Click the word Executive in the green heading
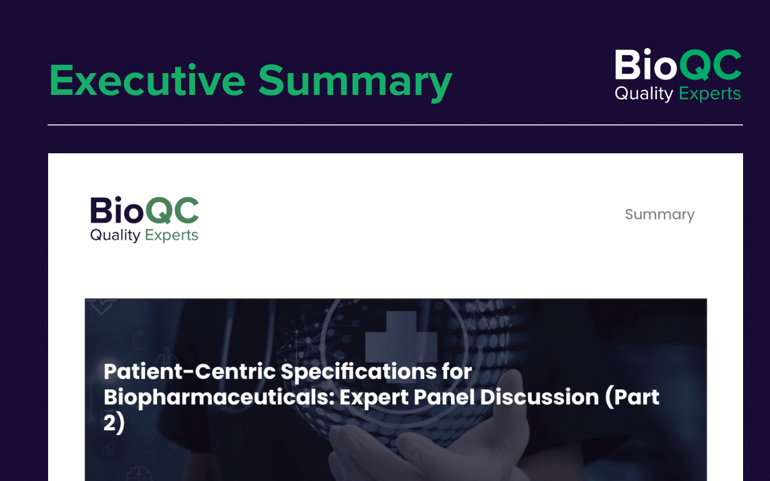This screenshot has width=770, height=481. [x=147, y=80]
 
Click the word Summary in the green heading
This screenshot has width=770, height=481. [x=355, y=83]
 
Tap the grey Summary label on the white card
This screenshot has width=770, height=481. [x=660, y=215]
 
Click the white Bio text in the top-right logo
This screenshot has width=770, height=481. [x=646, y=64]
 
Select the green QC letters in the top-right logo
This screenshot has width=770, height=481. [x=710, y=65]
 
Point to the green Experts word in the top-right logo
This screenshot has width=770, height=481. [x=710, y=94]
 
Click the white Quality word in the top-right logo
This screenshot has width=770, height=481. [x=644, y=94]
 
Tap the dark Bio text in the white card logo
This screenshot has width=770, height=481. [x=117, y=210]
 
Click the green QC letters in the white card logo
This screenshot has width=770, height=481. [x=172, y=210]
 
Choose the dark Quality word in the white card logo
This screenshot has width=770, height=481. [x=115, y=235]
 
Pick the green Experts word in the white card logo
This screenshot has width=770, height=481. [x=171, y=235]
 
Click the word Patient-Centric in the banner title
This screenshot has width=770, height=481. [x=190, y=371]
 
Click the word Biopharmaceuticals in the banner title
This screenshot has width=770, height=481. [x=219, y=398]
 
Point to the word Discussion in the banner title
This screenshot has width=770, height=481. [x=540, y=397]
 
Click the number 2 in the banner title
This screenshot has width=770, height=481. [x=110, y=423]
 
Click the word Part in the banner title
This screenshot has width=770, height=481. [x=633, y=397]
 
